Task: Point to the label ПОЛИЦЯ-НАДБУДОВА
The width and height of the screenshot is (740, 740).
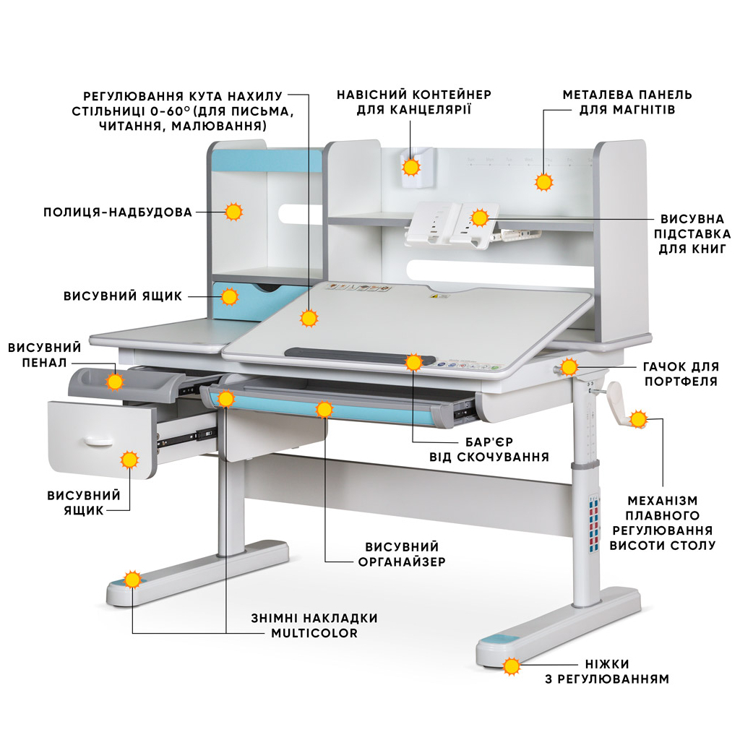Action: pyautogui.click(x=118, y=212)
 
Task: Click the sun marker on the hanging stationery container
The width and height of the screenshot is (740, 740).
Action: pyautogui.click(x=411, y=168)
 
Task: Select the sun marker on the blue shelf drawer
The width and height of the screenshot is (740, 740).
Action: pyautogui.click(x=230, y=296)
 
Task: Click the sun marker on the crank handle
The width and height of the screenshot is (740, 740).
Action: pyautogui.click(x=638, y=419)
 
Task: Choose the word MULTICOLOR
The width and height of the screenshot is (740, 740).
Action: pyautogui.click(x=314, y=634)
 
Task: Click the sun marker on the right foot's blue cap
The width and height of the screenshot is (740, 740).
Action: pyautogui.click(x=512, y=666)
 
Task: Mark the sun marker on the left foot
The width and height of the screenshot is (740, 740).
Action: pyautogui.click(x=132, y=580)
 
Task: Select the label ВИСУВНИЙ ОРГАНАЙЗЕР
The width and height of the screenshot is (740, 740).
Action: pyautogui.click(x=402, y=554)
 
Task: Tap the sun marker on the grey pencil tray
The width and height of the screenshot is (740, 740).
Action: pyautogui.click(x=114, y=382)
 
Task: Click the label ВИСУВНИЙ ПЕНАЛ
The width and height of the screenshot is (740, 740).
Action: pyautogui.click(x=45, y=355)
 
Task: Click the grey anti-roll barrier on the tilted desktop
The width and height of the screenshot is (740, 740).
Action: pyautogui.click(x=347, y=353)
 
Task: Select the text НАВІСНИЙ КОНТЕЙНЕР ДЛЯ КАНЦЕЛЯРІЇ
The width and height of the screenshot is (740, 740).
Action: pyautogui.click(x=414, y=102)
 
